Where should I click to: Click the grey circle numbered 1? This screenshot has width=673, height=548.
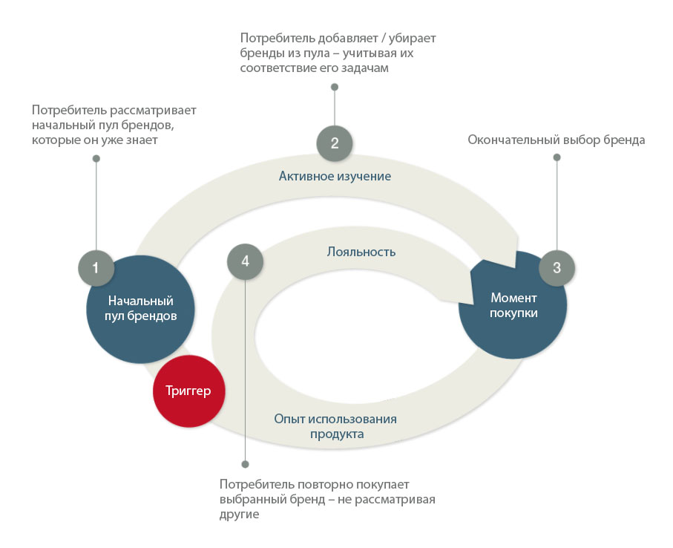(x=96, y=268)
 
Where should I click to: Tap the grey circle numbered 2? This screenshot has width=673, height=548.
(x=335, y=143)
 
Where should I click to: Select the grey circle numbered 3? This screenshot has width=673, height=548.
(x=557, y=267)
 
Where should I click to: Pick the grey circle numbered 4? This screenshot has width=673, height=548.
(x=245, y=261)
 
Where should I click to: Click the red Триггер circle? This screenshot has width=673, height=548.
(x=189, y=391)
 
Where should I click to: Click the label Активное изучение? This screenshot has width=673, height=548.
(x=335, y=176)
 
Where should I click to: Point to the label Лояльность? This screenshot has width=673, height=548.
(x=361, y=252)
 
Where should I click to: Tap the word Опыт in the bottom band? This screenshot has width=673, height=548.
(x=289, y=419)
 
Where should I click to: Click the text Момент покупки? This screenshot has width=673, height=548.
(x=513, y=305)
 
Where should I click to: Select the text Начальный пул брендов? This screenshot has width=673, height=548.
(x=141, y=308)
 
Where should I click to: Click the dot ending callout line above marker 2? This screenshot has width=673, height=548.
(x=335, y=87)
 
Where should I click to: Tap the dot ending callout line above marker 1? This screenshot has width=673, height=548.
(x=96, y=159)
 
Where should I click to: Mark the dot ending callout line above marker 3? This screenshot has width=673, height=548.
(x=557, y=157)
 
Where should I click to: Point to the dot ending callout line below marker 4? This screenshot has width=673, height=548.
(x=245, y=464)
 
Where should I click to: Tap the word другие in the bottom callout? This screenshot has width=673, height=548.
(x=239, y=515)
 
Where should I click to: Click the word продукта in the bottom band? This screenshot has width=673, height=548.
(x=337, y=434)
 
